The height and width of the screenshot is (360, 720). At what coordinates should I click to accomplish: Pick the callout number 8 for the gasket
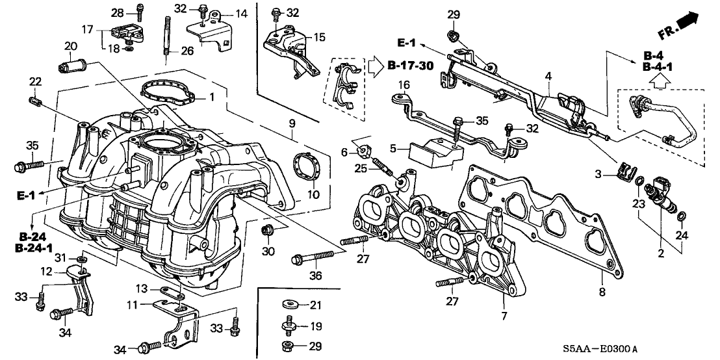(602, 292)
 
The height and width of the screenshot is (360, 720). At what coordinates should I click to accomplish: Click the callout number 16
(404, 85)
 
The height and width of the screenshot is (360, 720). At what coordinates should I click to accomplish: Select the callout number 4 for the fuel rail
(548, 77)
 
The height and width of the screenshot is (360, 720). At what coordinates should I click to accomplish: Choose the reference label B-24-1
(33, 248)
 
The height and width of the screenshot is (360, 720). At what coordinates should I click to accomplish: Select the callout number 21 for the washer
(315, 305)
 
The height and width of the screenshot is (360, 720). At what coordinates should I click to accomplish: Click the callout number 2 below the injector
(660, 254)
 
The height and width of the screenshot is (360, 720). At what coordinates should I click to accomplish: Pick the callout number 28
(117, 12)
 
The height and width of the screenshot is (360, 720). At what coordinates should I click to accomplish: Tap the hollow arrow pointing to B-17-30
(376, 66)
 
